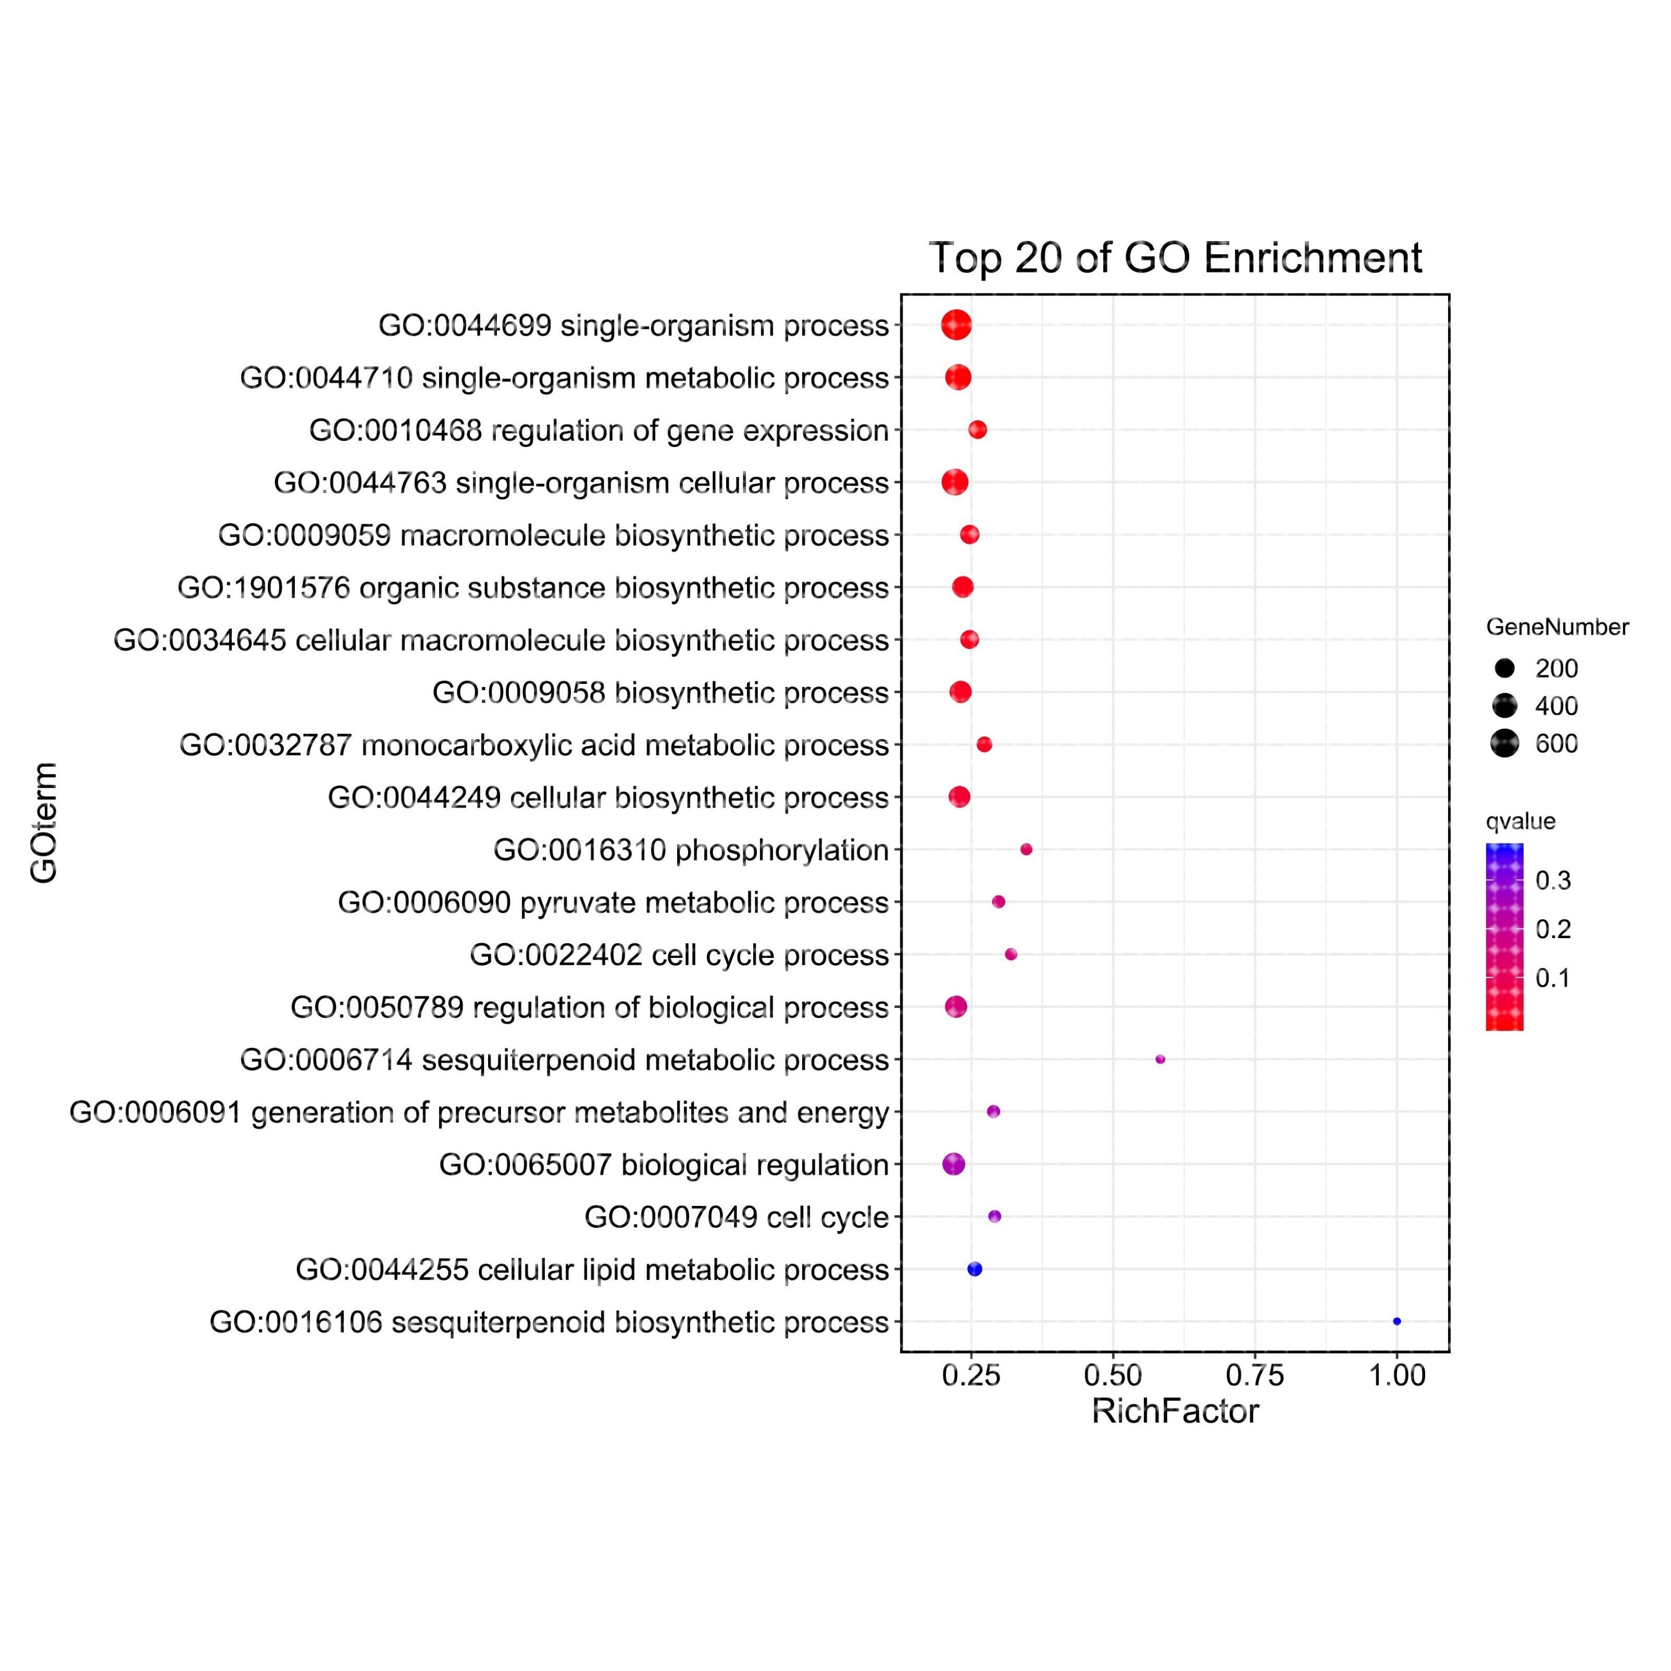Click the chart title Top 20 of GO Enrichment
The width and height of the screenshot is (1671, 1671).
1175,258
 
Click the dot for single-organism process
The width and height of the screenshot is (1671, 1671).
956,325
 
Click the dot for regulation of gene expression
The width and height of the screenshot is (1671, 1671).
977,430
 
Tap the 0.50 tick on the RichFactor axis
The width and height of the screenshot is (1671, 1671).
1113,1375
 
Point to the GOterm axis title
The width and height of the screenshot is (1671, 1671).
43,823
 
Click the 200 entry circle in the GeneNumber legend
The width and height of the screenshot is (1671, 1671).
1505,668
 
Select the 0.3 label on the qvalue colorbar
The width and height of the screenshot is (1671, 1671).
1553,881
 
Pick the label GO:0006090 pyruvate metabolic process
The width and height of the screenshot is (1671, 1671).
613,902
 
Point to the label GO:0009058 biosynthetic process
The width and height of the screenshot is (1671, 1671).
661,692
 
